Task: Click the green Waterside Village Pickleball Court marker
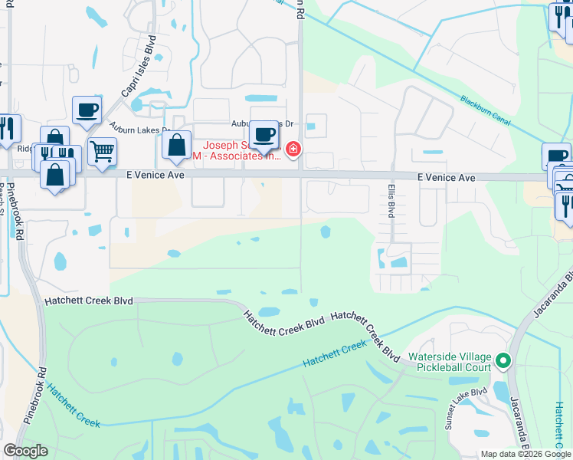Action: click(503, 360)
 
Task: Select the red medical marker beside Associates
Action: click(292, 149)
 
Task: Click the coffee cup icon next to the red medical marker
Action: click(264, 134)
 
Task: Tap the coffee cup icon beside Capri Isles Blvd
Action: click(87, 110)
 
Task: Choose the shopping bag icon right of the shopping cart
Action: click(176, 145)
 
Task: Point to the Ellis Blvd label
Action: click(390, 199)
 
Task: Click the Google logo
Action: click(25, 451)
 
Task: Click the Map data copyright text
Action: click(526, 454)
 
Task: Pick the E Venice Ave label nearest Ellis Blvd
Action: click(447, 178)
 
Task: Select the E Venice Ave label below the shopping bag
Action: click(156, 176)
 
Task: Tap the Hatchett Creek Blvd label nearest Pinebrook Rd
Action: click(88, 301)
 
